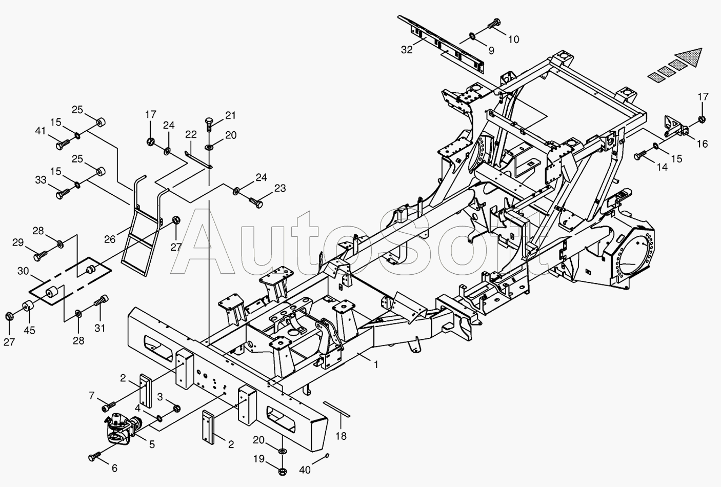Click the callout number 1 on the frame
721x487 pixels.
point(376,364)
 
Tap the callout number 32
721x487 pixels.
point(407,50)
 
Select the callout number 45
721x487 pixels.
point(30,330)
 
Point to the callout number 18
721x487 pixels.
point(341,436)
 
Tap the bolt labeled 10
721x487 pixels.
point(495,24)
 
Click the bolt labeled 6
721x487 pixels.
point(95,455)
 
